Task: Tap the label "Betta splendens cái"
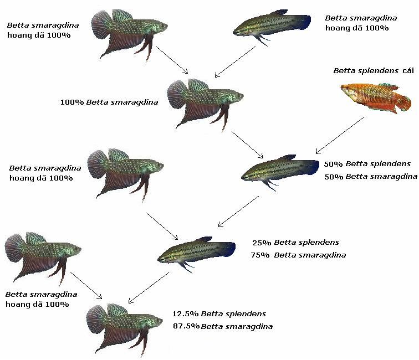(373, 71)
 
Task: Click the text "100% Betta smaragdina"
(109, 102)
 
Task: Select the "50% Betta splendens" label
(367, 164)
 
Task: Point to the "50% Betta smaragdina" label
(370, 177)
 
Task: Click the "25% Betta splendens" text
(295, 243)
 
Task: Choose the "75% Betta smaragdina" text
(298, 255)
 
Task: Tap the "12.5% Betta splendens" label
(219, 314)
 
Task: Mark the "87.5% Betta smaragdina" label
(222, 326)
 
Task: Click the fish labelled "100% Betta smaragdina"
(202, 102)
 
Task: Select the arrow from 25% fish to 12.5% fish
(148, 287)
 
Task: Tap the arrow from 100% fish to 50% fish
(247, 145)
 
